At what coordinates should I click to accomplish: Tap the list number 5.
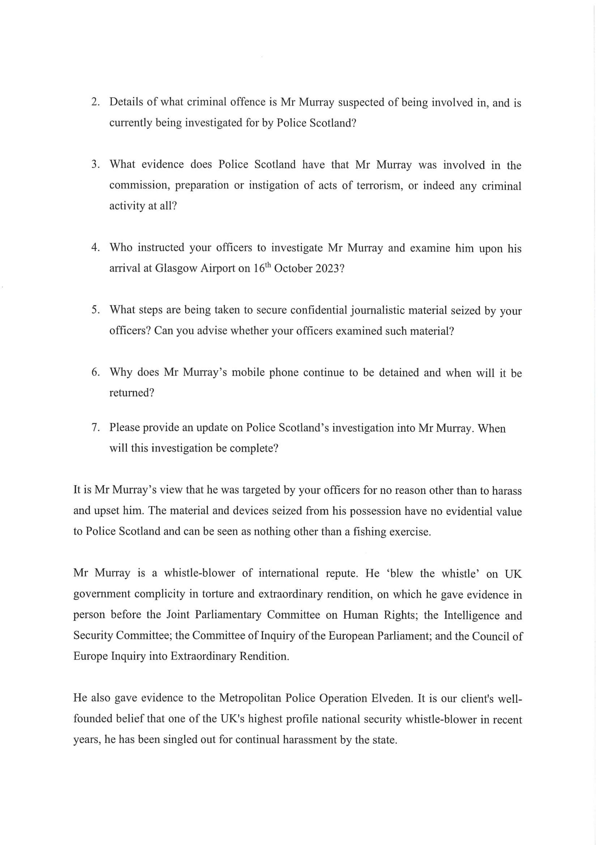95,310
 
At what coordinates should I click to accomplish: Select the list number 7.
95,428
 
